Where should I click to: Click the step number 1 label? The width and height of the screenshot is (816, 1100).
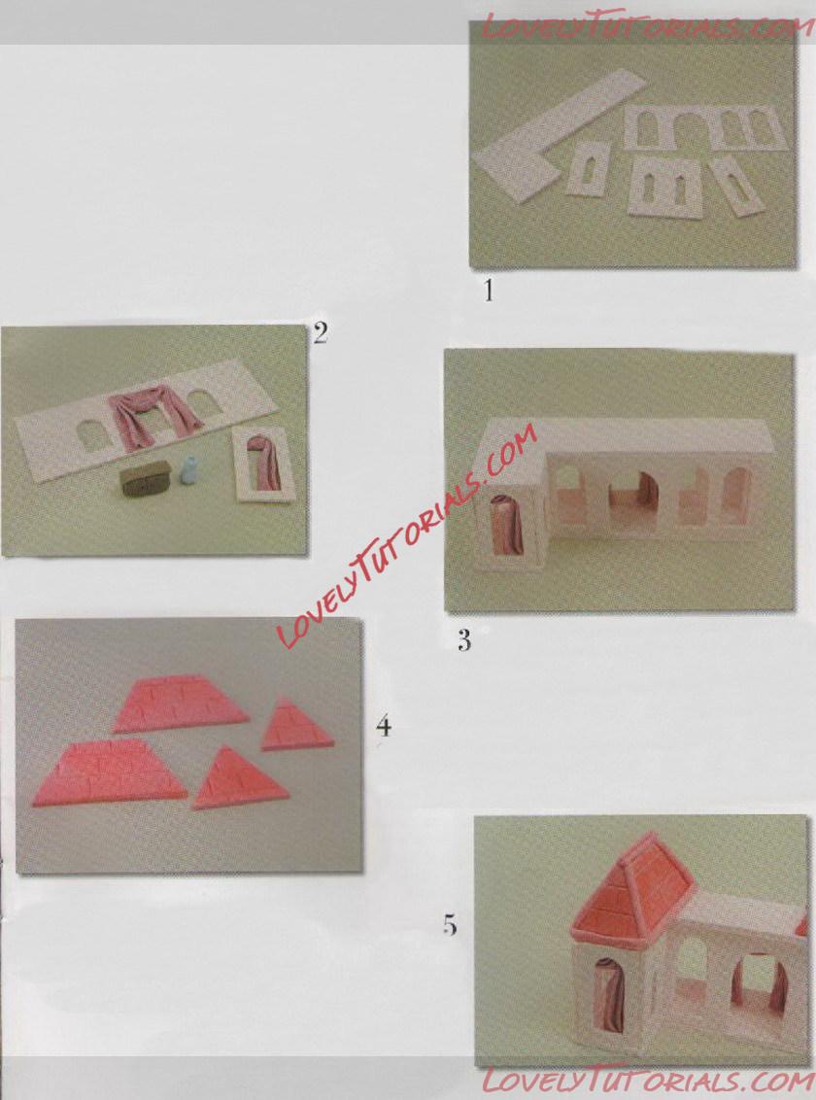(x=489, y=290)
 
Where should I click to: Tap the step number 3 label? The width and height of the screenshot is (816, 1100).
(x=464, y=639)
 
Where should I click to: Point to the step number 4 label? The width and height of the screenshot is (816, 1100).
(x=384, y=725)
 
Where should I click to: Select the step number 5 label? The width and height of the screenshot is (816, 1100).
(x=450, y=925)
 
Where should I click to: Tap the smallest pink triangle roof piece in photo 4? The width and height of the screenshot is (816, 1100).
(x=295, y=727)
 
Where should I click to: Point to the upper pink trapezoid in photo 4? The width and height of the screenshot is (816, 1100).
(x=180, y=703)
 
